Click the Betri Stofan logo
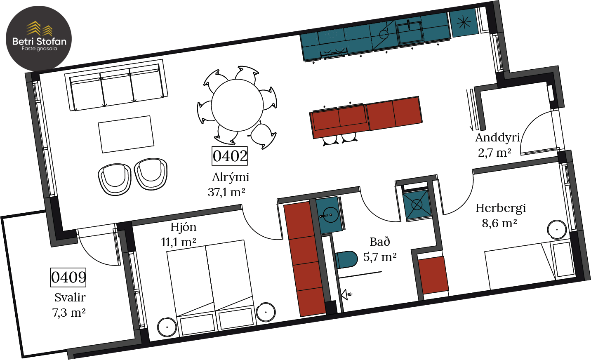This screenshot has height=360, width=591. pyautogui.click(x=39, y=38)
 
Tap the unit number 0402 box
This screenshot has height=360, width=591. pyautogui.click(x=230, y=156)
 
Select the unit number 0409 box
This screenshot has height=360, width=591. pyautogui.click(x=68, y=277)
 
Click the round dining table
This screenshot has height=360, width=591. pyautogui.click(x=237, y=105)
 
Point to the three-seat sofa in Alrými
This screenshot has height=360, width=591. pyautogui.click(x=116, y=85)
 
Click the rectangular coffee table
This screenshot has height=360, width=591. pyautogui.click(x=126, y=134)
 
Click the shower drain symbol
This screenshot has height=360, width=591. pyautogui.click(x=417, y=205)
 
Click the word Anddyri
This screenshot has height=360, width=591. pyautogui.click(x=498, y=138)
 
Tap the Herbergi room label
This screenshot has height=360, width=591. pyautogui.click(x=501, y=208)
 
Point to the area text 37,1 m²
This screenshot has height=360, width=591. pyautogui.click(x=226, y=192)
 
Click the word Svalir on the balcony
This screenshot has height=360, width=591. pyautogui.click(x=70, y=297)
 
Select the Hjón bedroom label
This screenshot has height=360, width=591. pyautogui.click(x=183, y=227)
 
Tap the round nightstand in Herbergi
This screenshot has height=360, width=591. pyautogui.click(x=557, y=230)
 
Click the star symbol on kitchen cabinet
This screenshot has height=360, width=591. pyautogui.click(x=464, y=22)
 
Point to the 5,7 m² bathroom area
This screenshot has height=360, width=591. pyautogui.click(x=380, y=257)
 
